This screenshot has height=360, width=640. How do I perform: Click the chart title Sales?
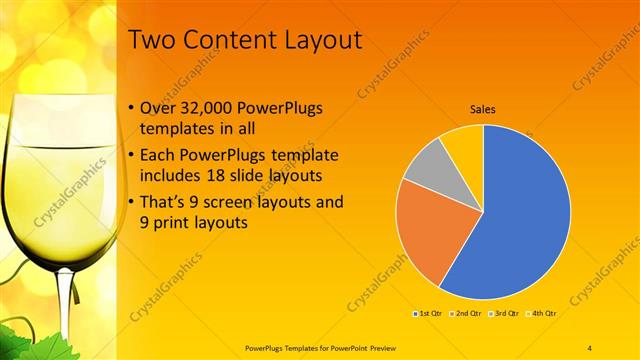point(483,109)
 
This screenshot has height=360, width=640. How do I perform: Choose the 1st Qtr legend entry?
point(431,313)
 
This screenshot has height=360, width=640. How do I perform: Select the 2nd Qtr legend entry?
point(467,313)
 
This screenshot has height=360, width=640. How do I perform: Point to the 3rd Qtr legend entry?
point(503,313)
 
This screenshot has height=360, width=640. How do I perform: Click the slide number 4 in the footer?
point(590,347)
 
